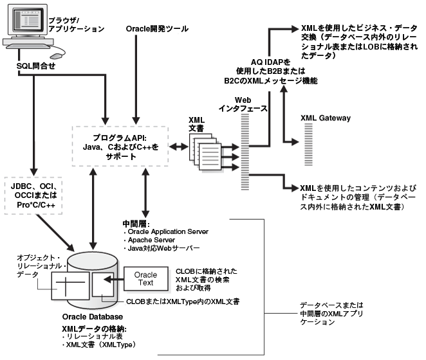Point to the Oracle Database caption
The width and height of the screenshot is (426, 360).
93,317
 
